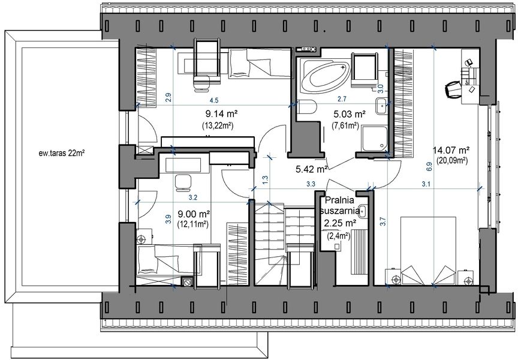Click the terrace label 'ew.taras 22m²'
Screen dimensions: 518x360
pos(61,153)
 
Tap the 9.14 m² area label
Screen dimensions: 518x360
pos(222,114)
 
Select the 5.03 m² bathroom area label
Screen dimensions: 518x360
pos(350,115)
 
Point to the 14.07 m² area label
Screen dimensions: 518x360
pos(451,151)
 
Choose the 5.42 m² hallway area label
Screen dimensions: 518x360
pos(312,170)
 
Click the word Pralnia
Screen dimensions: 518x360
pos(339,200)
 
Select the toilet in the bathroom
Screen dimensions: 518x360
pos(307,107)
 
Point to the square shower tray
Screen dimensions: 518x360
pos(374,138)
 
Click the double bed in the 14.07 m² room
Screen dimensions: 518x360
pos(429,251)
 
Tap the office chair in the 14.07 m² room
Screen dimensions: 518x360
pos(453,89)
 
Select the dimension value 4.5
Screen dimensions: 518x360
pos(215,100)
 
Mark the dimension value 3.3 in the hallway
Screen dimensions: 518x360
pos(311,184)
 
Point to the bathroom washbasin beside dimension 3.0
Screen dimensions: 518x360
pos(382,106)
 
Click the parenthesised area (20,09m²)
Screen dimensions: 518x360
pos(451,161)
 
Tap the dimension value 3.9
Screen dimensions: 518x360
pos(168,220)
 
